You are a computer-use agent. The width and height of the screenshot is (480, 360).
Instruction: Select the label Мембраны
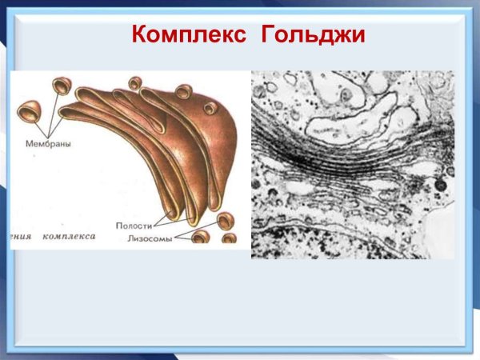coord(37,145)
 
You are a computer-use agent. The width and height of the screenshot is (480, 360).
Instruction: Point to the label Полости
coord(134,226)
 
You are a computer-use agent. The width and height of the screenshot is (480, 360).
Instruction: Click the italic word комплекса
coord(70,237)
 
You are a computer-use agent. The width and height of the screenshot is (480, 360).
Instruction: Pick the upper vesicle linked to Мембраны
coord(61,86)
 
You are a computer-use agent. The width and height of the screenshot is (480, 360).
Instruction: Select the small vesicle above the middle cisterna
coord(135,82)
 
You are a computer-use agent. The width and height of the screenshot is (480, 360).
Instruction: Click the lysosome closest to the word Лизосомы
coord(200,238)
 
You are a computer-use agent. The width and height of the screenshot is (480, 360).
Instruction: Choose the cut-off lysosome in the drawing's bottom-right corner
coord(229,239)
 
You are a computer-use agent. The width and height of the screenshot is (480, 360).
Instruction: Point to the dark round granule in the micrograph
coord(440,186)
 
